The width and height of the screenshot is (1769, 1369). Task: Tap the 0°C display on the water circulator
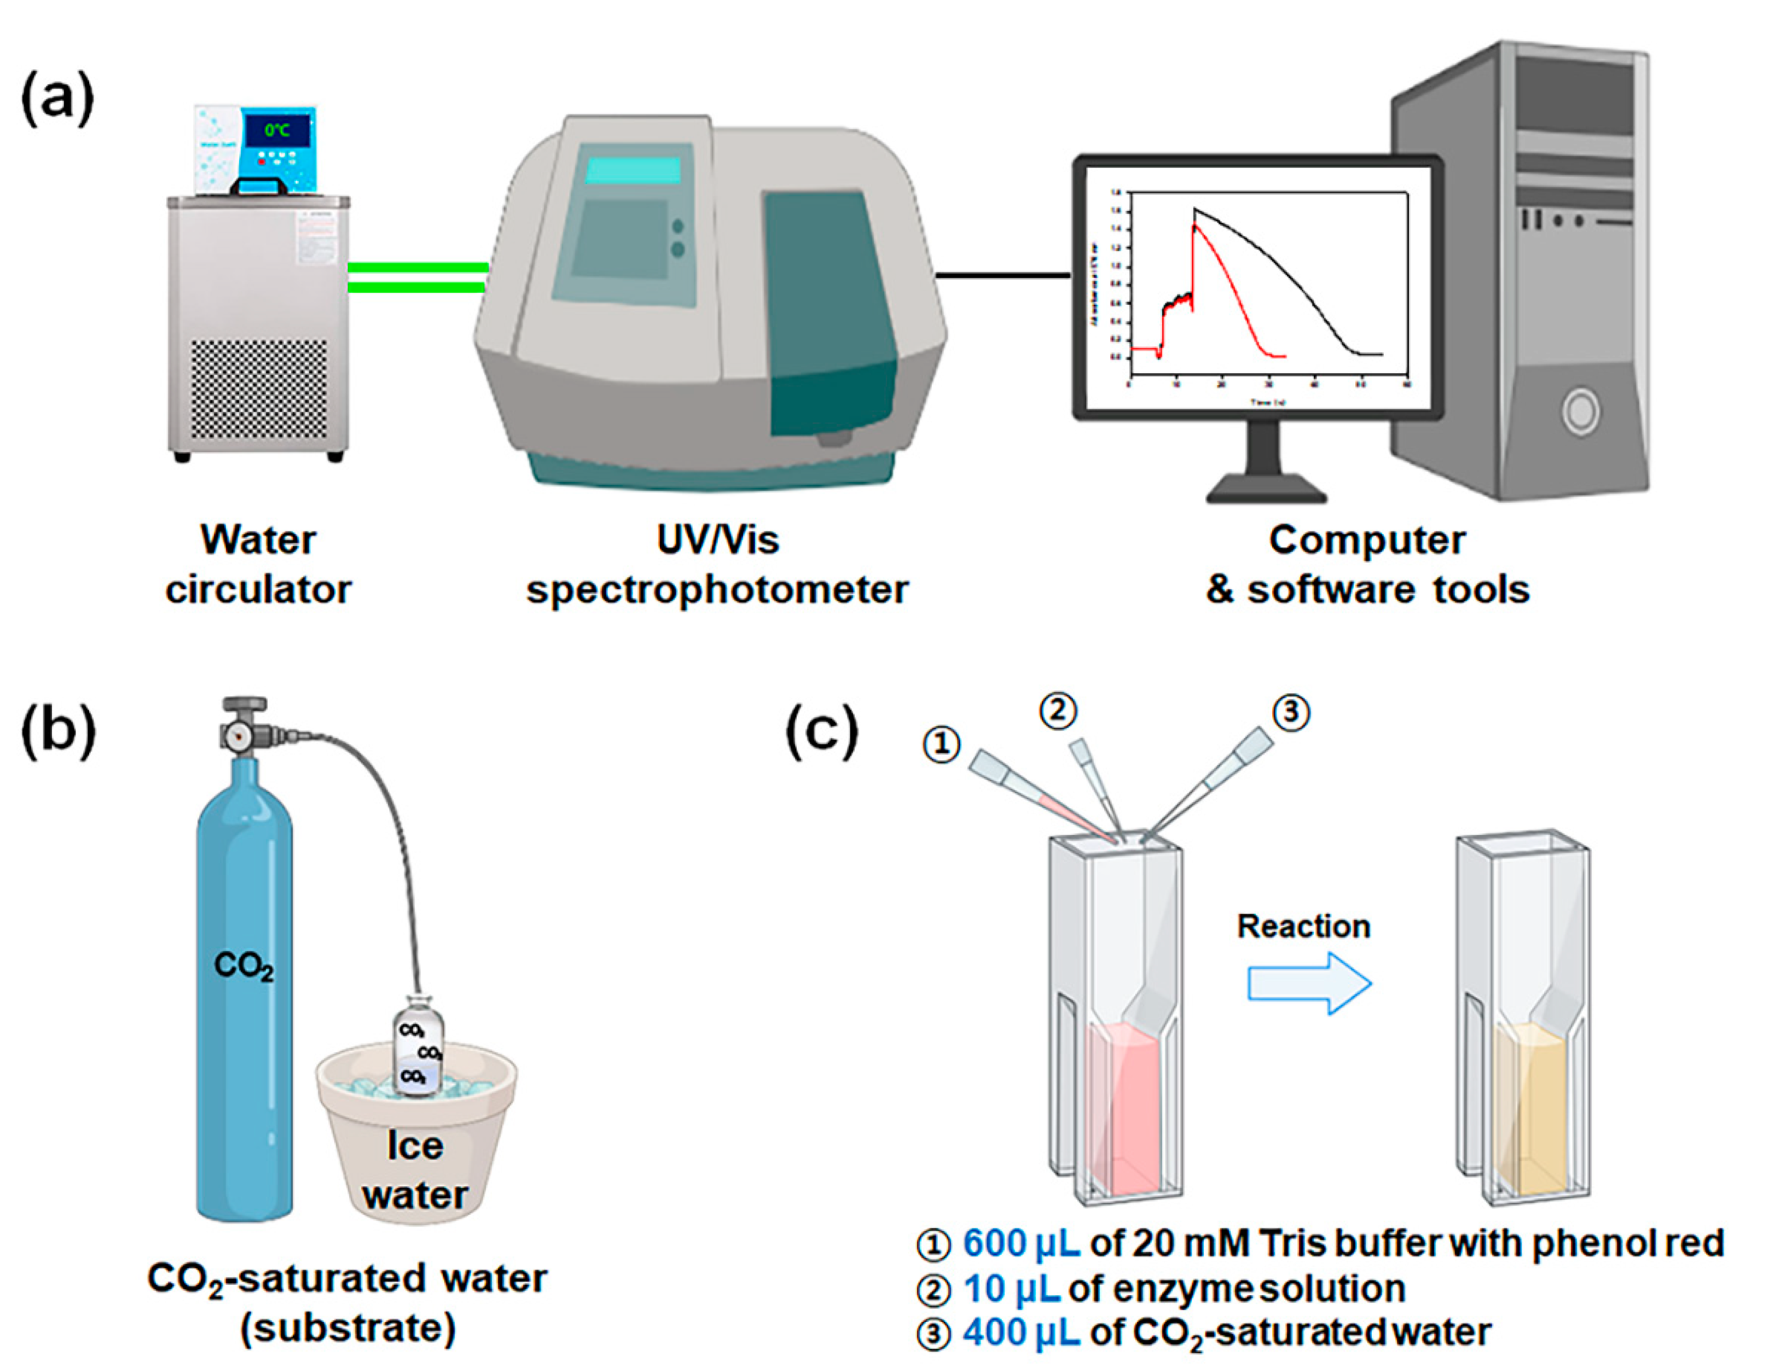(276, 130)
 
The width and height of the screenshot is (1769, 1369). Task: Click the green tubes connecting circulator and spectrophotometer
(417, 277)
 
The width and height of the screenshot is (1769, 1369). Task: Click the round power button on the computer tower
(1580, 411)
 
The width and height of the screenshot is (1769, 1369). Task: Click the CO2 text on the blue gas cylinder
(243, 966)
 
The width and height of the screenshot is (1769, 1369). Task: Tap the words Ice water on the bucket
(415, 1170)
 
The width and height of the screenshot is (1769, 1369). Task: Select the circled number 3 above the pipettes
(1290, 713)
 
